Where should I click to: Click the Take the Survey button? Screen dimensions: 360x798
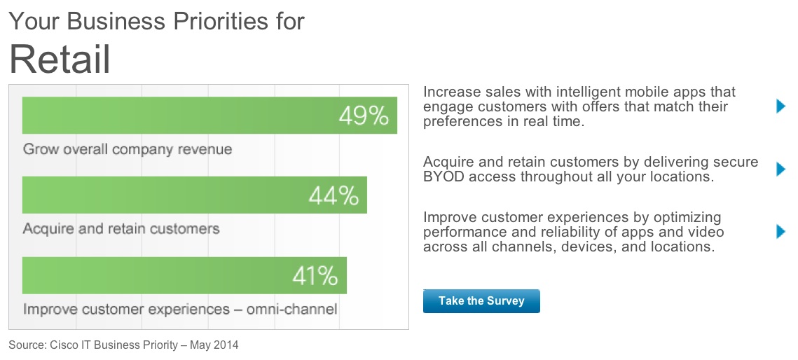[x=481, y=301]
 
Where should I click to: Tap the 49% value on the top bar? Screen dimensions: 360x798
[x=363, y=116]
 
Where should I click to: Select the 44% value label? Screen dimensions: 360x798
[x=333, y=195]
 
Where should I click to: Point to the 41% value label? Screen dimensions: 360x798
[x=315, y=276]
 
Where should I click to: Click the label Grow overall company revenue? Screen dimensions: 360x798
[x=128, y=149]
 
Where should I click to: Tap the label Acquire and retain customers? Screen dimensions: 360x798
[x=121, y=229]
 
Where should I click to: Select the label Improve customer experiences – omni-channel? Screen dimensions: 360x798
[x=180, y=309]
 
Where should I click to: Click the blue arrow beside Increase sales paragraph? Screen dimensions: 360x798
[x=781, y=106]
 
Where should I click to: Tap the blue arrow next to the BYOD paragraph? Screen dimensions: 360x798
[x=781, y=169]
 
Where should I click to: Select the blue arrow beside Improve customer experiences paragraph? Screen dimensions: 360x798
[x=781, y=232]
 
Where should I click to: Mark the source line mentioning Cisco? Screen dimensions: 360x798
[x=123, y=345]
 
